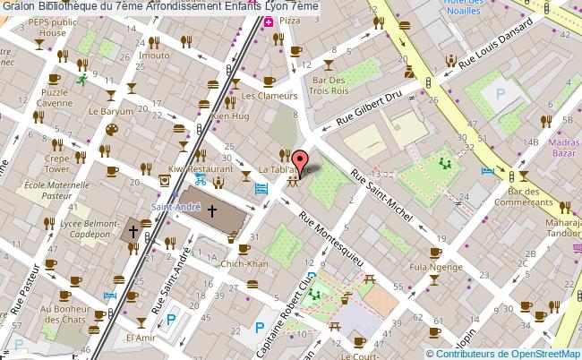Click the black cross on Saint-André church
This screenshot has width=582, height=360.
(x=212, y=211)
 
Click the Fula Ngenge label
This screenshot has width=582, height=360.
(x=429, y=267)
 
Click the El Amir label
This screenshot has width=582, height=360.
(x=142, y=339)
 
